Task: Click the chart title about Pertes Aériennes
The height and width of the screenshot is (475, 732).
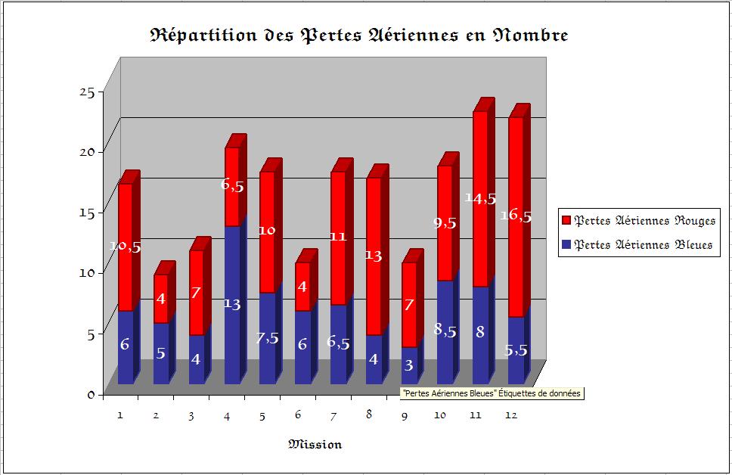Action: pos(359,35)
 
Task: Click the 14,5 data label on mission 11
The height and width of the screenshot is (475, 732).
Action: pos(481,199)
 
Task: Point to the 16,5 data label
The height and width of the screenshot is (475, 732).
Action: pos(516,216)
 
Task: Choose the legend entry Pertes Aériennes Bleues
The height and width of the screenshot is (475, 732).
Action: pos(643,245)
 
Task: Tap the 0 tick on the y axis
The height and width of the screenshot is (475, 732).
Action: pos(90,394)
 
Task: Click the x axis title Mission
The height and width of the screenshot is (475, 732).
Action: pos(315,444)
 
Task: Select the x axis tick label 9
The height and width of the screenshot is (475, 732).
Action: pos(405,415)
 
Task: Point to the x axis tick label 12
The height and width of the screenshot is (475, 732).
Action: pos(512,415)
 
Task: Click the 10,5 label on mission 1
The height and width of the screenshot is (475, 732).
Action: pos(125,247)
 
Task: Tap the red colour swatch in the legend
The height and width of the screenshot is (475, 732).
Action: pos(566,221)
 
